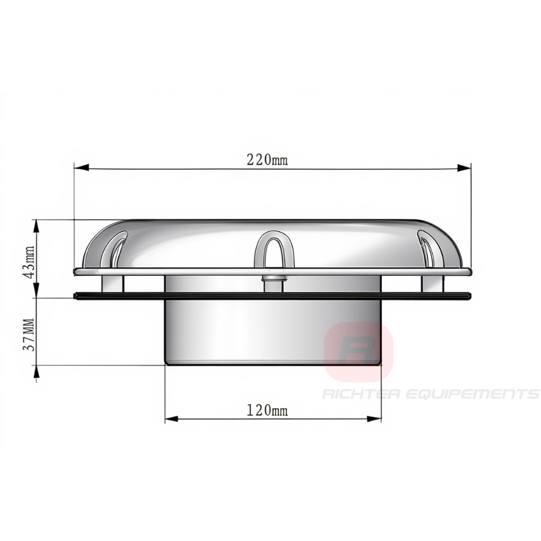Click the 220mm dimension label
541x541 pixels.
pos(267,160)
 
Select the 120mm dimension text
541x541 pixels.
pos(267,410)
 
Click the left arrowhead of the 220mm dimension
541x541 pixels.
pos(81,167)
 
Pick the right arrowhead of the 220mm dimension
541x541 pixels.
pos(464,167)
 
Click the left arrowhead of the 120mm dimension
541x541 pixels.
pos(172,419)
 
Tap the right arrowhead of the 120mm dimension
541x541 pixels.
pos(375,419)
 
